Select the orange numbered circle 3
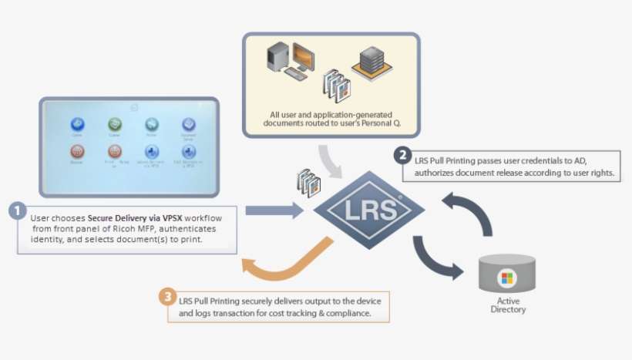[167, 296]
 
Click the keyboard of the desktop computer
[294, 78]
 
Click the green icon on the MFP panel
[115, 124]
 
